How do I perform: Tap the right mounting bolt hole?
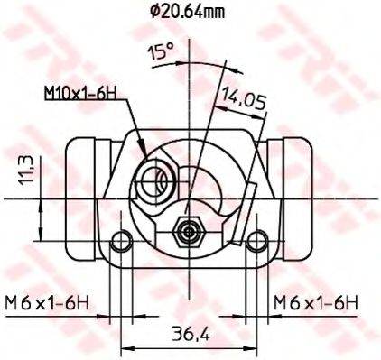(257, 241)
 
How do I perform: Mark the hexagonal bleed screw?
(187, 231)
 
